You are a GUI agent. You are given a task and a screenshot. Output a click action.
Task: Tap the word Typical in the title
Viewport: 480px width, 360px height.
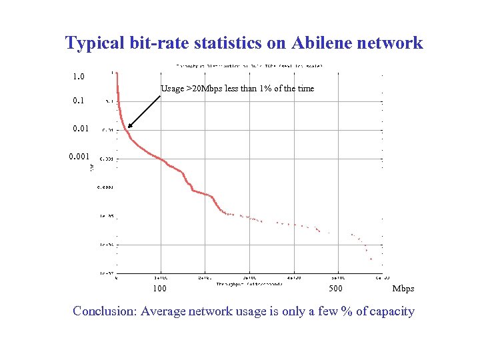[95, 43]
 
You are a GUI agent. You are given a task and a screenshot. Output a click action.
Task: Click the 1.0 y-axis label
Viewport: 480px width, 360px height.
[79, 77]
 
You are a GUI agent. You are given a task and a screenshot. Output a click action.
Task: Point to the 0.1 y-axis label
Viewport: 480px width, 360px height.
[79, 102]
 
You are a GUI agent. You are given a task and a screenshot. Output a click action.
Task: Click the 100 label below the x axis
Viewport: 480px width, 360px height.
[160, 289]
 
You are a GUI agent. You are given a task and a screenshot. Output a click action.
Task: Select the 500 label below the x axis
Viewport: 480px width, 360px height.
[337, 289]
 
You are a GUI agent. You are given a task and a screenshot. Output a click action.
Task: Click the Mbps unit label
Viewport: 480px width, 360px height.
[403, 289]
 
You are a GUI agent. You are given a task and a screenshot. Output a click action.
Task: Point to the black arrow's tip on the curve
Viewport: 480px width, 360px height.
[128, 127]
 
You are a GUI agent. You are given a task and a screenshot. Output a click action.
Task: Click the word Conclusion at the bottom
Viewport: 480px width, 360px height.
[105, 311]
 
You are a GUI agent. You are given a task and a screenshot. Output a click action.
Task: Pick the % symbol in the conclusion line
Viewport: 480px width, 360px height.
[346, 311]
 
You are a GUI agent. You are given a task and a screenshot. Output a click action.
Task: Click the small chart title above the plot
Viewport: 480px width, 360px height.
[249, 66]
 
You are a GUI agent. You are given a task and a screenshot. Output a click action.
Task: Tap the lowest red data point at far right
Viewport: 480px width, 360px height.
[371, 257]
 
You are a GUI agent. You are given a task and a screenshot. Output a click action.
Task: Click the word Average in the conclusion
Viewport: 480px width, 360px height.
[163, 311]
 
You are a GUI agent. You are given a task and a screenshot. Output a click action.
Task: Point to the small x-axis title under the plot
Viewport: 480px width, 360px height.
[249, 283]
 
